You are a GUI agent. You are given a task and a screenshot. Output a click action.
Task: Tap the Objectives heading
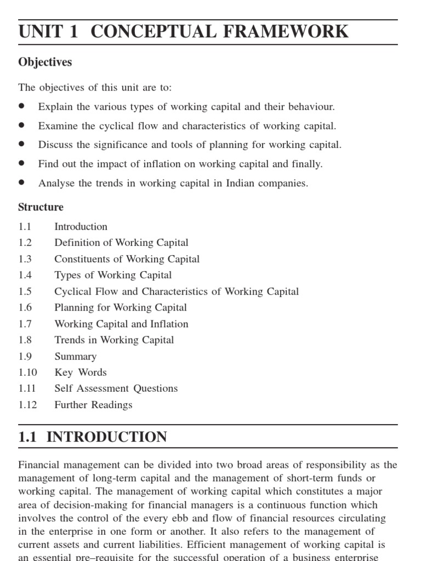45,62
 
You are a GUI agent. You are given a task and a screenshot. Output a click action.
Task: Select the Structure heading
41,207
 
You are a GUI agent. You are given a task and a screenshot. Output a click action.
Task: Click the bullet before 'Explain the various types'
22,106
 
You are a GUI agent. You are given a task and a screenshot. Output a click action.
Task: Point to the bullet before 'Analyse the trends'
22,183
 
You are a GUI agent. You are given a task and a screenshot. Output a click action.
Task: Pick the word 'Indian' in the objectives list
240,183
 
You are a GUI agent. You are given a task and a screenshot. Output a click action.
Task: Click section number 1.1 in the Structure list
25,226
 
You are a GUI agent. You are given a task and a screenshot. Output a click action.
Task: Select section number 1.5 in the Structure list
25,291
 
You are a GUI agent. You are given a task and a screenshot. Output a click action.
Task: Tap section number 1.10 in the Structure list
27,373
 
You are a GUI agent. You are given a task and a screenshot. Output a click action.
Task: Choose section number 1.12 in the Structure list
27,405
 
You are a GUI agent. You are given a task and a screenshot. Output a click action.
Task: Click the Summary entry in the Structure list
76,356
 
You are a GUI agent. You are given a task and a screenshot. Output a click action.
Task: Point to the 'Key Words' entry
81,373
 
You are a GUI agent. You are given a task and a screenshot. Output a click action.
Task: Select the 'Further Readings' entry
93,405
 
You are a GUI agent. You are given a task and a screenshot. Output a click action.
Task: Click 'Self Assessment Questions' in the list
116,388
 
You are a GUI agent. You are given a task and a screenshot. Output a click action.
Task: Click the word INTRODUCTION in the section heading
107,437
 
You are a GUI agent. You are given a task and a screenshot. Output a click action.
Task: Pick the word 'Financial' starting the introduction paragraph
39,465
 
